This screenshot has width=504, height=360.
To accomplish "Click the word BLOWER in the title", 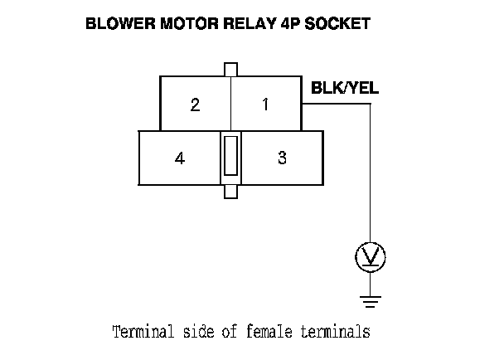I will coord(115,25).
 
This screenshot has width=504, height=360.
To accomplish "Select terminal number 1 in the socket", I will coord(265,105).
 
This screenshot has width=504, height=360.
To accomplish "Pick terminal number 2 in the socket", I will coord(195,105).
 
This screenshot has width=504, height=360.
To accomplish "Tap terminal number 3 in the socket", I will coord(282,158).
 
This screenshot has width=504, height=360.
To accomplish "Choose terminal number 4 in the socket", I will coord(180,158).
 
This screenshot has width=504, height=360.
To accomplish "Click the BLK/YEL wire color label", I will coord(344,88).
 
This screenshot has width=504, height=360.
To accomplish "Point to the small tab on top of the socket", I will coord(231,69).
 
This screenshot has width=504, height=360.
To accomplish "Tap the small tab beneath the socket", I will coord(231,192).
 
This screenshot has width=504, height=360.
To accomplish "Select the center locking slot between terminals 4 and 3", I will coord(231,157).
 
